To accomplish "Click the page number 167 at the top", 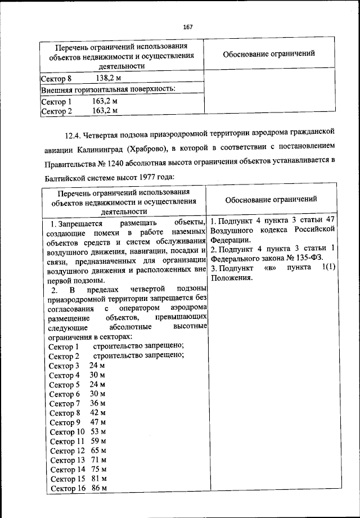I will (187, 28).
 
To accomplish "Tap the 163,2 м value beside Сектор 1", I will (105, 102).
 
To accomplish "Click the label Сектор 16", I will (67, 488).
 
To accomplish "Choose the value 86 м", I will (99, 488).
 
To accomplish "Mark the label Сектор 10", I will (67, 432).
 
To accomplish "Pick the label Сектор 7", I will (65, 404).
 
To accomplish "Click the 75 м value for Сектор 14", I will (99, 470).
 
